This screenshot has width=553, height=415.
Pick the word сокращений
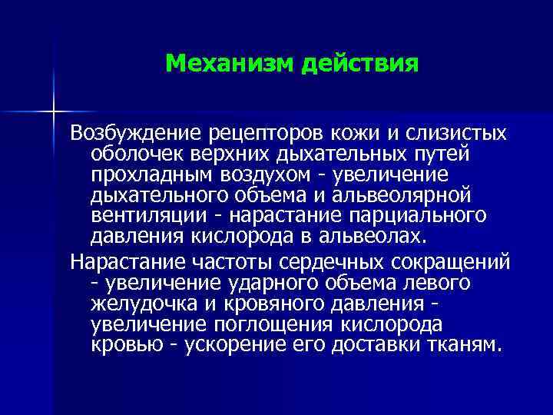(x=445, y=262)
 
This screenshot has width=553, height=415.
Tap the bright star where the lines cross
(x=55, y=112)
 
